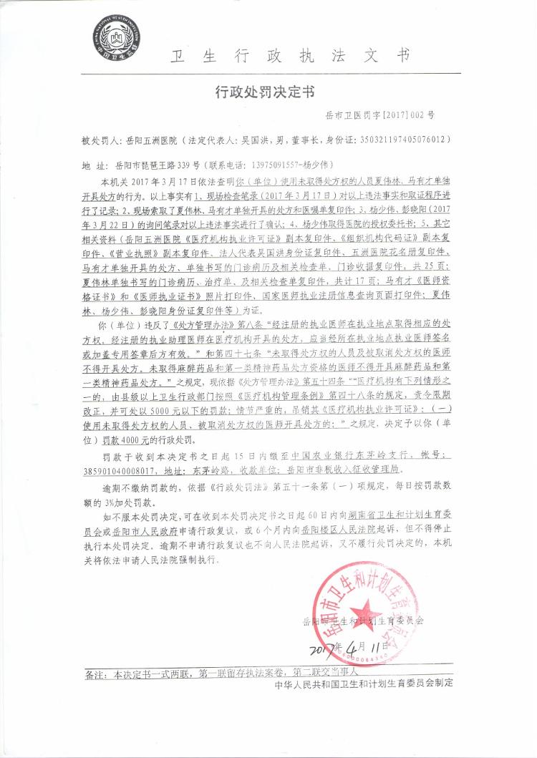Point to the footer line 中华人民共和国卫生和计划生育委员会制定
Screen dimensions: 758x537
tap(364, 685)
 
